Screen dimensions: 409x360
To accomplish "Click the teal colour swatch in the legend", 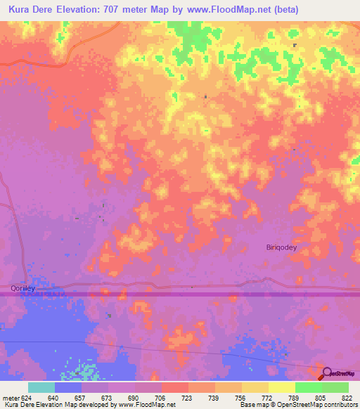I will [x=41, y=387].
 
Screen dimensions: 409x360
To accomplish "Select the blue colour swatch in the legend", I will [x=67, y=387].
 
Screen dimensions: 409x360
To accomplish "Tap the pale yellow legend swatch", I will [x=281, y=387].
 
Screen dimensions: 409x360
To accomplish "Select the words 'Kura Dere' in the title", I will [x=30, y=10].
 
